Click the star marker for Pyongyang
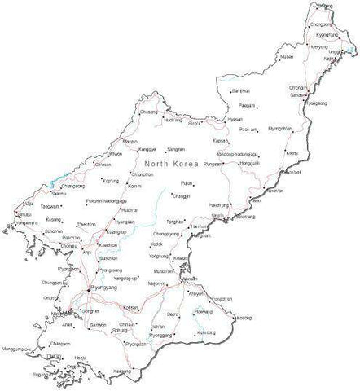click(88, 288)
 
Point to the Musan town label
click(286, 57)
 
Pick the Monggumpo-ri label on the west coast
click(20, 349)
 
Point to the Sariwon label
click(99, 323)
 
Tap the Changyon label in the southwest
click(59, 343)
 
